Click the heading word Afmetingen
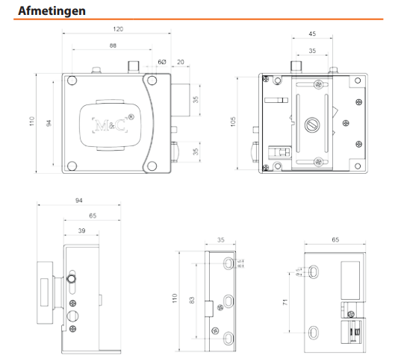coord(51,11)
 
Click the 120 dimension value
coord(118,29)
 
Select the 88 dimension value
coord(112,46)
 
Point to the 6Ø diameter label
coord(162,62)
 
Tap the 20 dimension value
coord(181,62)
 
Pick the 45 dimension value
coord(312,34)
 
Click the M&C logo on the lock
coord(108,122)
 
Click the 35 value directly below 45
coord(312,51)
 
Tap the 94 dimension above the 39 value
coord(80,201)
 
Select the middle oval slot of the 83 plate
coord(228,301)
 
